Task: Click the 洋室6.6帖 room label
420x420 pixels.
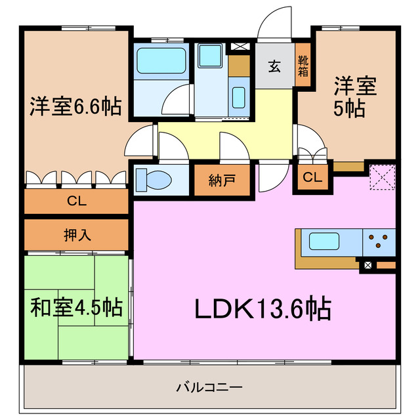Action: (75, 106)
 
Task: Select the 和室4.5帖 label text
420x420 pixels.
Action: (76, 306)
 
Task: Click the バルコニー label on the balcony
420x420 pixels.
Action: (209, 387)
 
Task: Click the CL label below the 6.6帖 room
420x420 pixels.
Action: (76, 201)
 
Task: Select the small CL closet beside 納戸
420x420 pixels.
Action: (312, 177)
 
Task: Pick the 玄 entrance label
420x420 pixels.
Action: (274, 66)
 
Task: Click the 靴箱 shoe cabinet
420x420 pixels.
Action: (303, 66)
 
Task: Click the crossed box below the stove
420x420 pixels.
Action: (368, 265)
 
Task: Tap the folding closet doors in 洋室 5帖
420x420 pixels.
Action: (312, 156)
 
